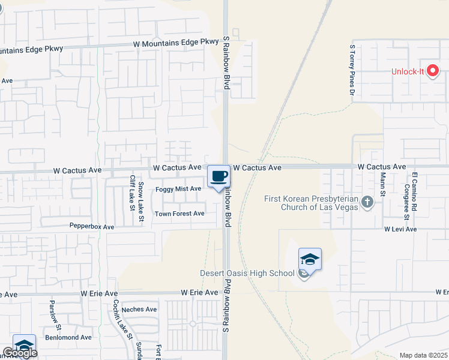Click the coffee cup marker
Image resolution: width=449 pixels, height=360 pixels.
(219, 176)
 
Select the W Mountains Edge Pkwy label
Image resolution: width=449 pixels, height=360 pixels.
(175, 42)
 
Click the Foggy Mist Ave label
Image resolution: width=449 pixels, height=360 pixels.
(178, 189)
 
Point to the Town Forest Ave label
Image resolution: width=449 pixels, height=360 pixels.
(179, 214)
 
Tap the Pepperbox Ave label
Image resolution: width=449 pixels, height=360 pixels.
(91, 227)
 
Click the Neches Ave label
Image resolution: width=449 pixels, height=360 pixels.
(139, 310)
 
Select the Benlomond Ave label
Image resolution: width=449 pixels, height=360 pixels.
(70, 337)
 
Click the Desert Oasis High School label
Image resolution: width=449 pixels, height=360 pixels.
(247, 274)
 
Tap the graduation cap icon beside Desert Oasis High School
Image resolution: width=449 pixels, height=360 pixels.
(310, 259)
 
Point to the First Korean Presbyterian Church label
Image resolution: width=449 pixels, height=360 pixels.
(311, 203)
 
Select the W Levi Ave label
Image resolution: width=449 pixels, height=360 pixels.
(400, 229)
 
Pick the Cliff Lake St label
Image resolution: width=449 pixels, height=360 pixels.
(131, 193)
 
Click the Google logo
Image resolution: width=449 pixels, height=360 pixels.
(20, 353)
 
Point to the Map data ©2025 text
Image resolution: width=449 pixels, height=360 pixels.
(424, 355)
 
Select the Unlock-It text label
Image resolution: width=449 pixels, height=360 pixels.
(408, 72)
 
